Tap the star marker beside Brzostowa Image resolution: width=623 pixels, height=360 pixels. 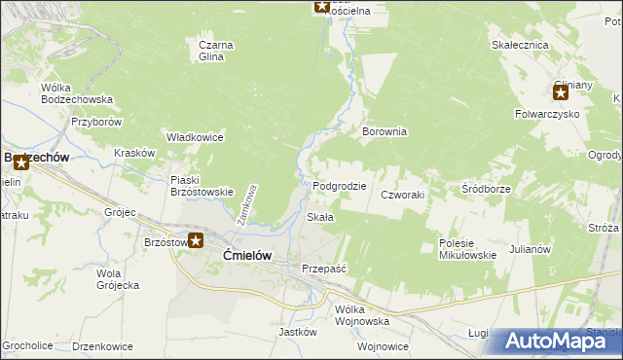pyautogui.click(x=196, y=240)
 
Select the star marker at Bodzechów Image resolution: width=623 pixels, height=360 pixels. pyautogui.click(x=21, y=162)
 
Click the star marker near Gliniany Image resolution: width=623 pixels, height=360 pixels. pyautogui.click(x=561, y=93)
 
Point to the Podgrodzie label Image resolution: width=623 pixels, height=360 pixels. pyautogui.click(x=340, y=186)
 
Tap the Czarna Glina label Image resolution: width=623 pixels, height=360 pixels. pyautogui.click(x=211, y=51)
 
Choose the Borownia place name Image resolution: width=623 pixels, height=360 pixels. pyautogui.click(x=384, y=131)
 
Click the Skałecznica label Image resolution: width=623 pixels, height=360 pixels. pyautogui.click(x=520, y=45)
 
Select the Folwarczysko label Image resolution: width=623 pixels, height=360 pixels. pyautogui.click(x=547, y=114)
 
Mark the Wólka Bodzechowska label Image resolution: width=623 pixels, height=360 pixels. pyautogui.click(x=77, y=93)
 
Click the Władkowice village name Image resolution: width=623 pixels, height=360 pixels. pyautogui.click(x=196, y=137)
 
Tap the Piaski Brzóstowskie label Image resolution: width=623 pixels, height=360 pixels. pyautogui.click(x=202, y=185)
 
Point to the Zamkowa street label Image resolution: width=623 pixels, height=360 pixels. pyautogui.click(x=250, y=205)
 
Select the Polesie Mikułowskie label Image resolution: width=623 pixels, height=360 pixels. pyautogui.click(x=467, y=249)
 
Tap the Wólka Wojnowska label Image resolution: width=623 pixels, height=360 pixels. pyautogui.click(x=362, y=314)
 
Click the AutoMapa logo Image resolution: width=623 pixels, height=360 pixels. pyautogui.click(x=557, y=342)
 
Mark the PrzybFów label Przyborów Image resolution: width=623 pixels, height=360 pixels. pyautogui.click(x=95, y=123)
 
